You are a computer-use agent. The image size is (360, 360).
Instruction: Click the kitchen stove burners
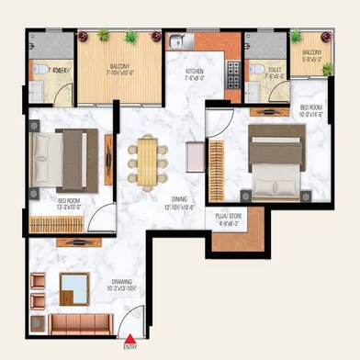(x=231, y=73)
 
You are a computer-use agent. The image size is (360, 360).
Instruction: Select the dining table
(x=149, y=160)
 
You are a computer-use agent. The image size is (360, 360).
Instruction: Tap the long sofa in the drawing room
(x=81, y=322)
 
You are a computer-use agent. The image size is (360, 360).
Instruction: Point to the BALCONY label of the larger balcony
(x=118, y=68)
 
